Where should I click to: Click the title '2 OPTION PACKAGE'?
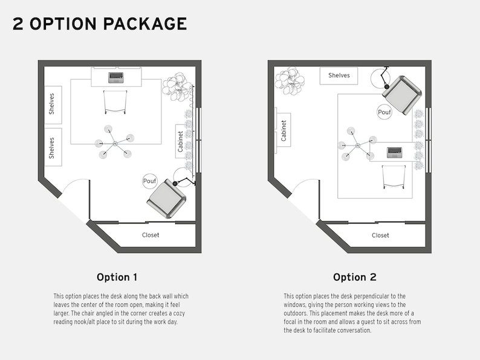coord(100,24)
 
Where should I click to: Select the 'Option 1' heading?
coord(117,277)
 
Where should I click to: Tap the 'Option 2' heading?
coord(354,277)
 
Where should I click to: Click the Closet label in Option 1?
coord(151,235)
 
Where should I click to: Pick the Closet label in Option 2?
coord(380,236)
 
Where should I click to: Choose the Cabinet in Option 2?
coord(284,130)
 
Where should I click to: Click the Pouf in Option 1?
coord(149,181)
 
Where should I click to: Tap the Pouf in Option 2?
coord(384,112)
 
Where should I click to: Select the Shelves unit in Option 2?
coord(339,76)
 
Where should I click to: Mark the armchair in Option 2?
coord(402,94)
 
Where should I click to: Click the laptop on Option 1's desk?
coord(116,77)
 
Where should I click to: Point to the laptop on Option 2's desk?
coord(395,152)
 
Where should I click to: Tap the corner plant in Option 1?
coord(177,86)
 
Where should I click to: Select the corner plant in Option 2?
coord(289,80)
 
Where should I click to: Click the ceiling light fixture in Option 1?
coord(114,143)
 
